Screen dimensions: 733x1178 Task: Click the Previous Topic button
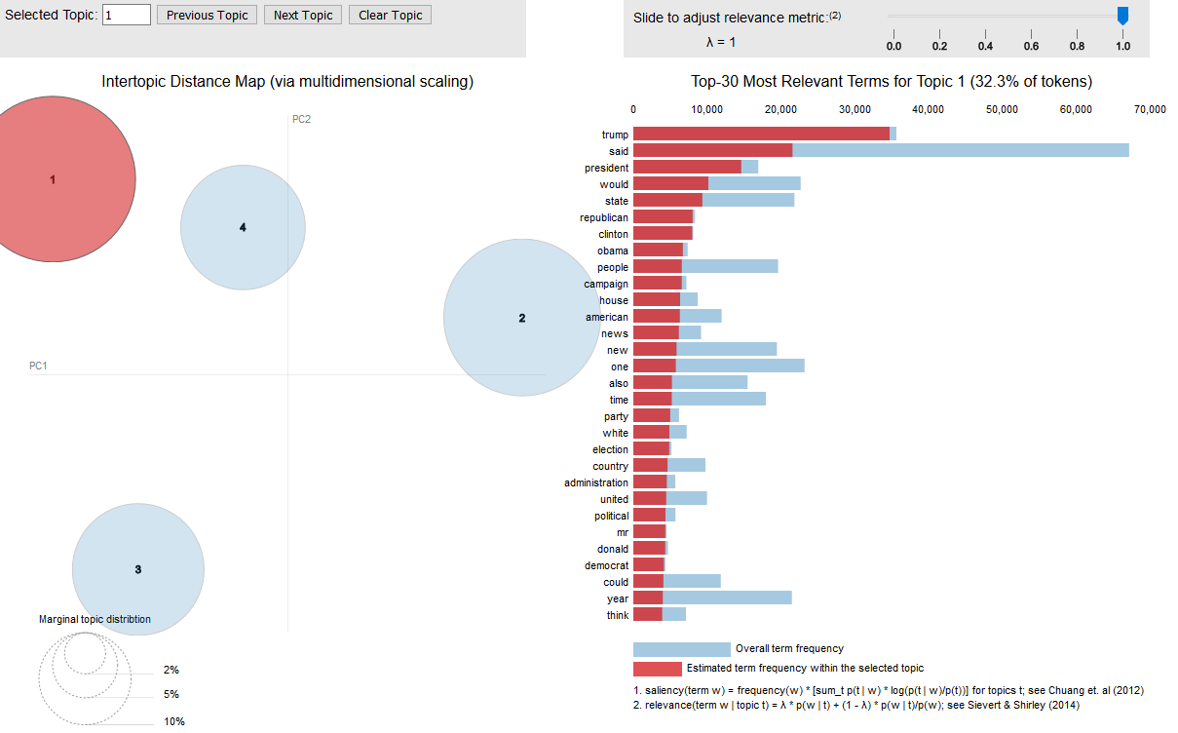click(x=207, y=15)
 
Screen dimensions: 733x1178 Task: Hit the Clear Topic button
click(x=390, y=15)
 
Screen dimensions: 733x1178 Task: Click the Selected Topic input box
click(x=126, y=15)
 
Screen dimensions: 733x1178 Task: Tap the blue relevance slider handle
click(x=1122, y=16)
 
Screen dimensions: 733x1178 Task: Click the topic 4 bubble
click(x=243, y=228)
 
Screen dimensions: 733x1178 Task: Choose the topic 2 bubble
click(x=521, y=318)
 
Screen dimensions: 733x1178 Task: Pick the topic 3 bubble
click(x=138, y=569)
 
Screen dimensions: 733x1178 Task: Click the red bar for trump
click(x=761, y=134)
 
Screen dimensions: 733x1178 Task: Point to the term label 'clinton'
click(x=613, y=234)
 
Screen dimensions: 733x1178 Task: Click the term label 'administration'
click(x=596, y=482)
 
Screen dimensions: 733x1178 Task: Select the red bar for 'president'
click(x=687, y=167)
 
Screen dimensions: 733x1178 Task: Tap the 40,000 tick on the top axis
click(x=929, y=110)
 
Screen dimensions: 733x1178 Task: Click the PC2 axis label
click(x=301, y=119)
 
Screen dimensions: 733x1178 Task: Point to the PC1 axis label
click(x=38, y=366)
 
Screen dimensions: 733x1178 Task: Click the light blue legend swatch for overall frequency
click(x=681, y=649)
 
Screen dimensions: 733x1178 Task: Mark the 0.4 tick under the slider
click(x=985, y=46)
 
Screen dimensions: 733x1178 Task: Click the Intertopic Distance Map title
click(x=287, y=82)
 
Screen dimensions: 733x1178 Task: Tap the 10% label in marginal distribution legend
click(x=173, y=721)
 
